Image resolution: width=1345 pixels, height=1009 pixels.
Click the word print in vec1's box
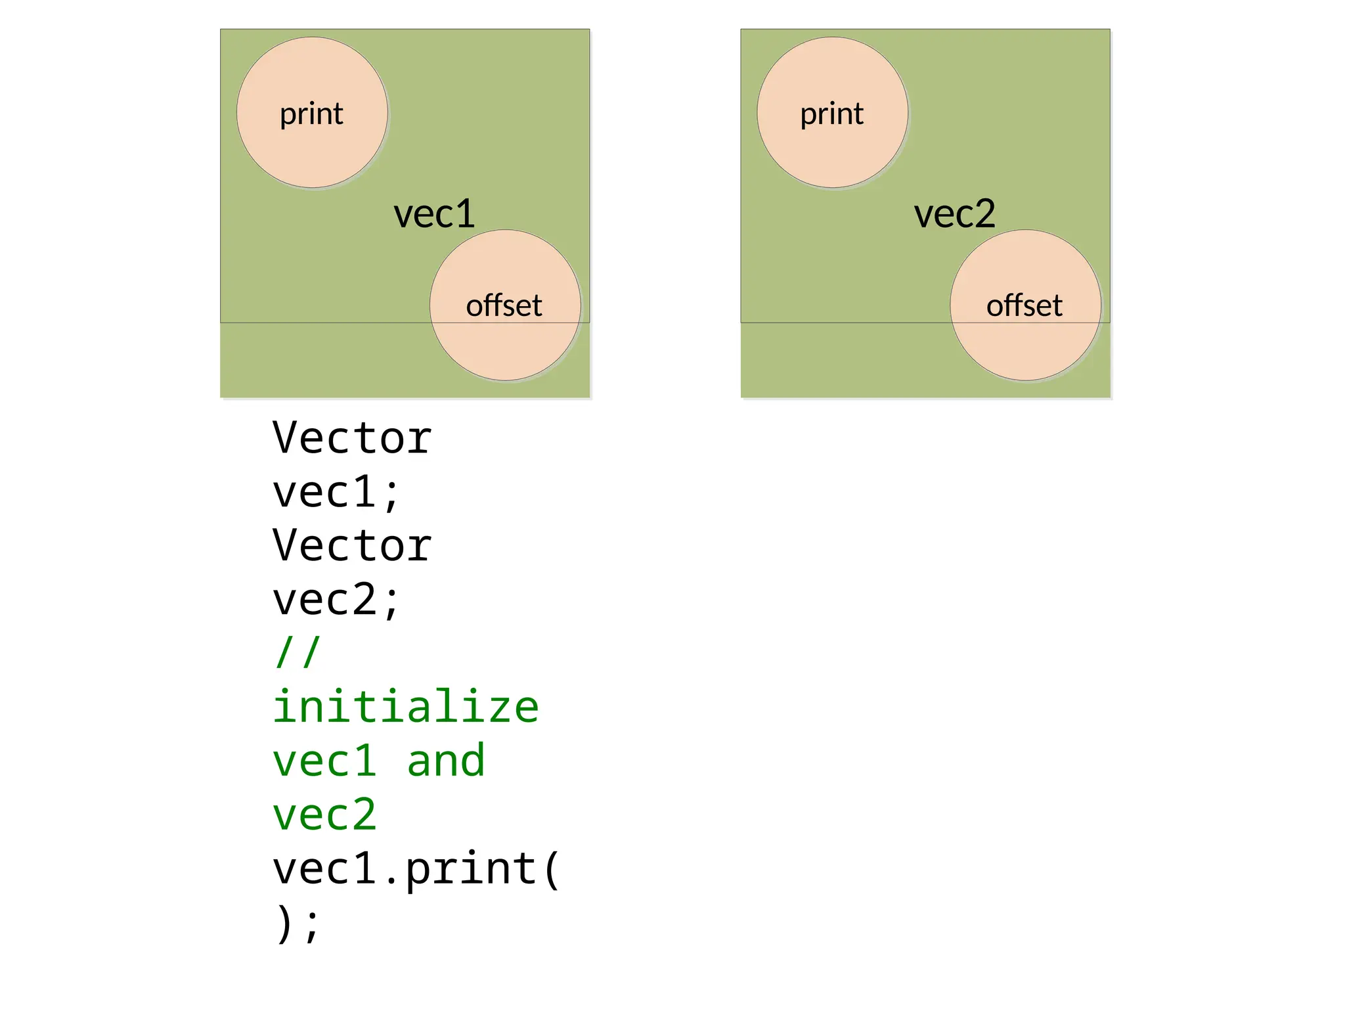[x=311, y=114]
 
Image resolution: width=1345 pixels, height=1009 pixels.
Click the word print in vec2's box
[x=831, y=114]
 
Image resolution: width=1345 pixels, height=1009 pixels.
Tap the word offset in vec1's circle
[x=504, y=305]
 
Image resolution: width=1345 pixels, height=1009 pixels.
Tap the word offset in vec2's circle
[x=1024, y=305]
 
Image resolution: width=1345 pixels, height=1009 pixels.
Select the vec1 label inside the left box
[x=434, y=214]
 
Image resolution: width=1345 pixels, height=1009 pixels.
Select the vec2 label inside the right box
[x=954, y=214]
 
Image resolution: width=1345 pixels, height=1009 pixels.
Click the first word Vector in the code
[x=352, y=438]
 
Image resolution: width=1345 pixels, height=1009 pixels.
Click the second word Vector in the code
[x=352, y=546]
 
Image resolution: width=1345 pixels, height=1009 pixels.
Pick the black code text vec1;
[x=336, y=493]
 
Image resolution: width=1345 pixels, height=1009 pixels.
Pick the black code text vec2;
[x=336, y=600]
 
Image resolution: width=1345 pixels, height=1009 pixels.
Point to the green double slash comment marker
[x=298, y=652]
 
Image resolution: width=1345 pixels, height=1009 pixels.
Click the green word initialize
[x=406, y=707]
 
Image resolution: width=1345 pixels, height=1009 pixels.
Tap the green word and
[x=446, y=761]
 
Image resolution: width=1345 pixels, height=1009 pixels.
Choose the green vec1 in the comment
[x=324, y=761]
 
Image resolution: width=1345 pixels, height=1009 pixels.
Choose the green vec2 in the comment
[x=324, y=815]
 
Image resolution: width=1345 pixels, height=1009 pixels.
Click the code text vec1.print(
[x=416, y=870]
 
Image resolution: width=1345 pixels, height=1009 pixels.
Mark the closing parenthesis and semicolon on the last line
[x=298, y=924]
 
